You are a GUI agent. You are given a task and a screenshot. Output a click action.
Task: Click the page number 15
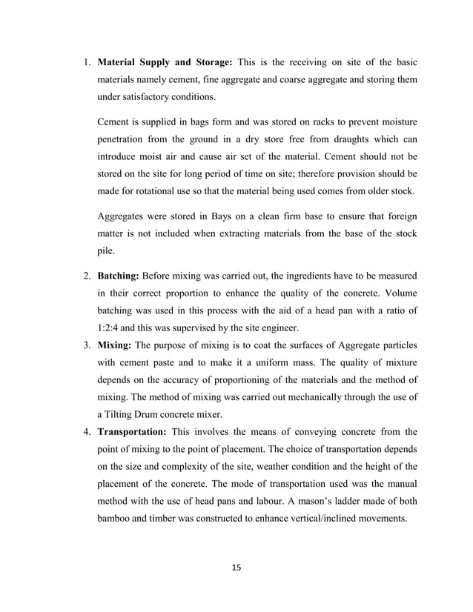pyautogui.click(x=236, y=568)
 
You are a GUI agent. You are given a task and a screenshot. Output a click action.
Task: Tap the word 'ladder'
pyautogui.click(x=362, y=501)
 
